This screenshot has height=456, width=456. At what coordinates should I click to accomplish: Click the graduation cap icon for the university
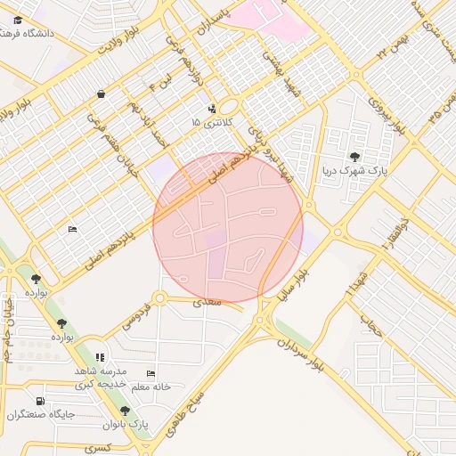click(19, 20)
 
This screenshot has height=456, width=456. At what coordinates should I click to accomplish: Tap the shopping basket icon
click(101, 94)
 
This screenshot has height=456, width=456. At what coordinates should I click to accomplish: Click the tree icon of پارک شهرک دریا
click(356, 158)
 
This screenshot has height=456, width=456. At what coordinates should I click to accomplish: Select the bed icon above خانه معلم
click(151, 374)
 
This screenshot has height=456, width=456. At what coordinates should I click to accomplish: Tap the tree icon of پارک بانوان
click(125, 411)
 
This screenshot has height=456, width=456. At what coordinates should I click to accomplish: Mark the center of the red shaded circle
click(228, 228)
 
